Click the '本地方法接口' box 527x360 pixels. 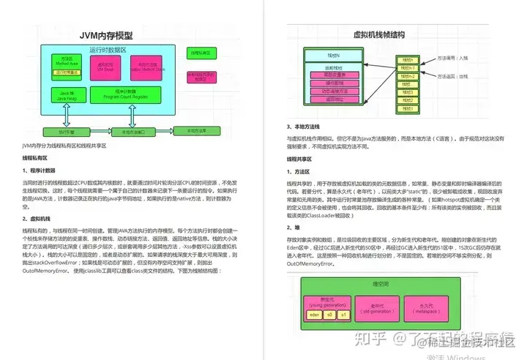[x=132, y=132]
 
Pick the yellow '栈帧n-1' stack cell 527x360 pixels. [x=410, y=67]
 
